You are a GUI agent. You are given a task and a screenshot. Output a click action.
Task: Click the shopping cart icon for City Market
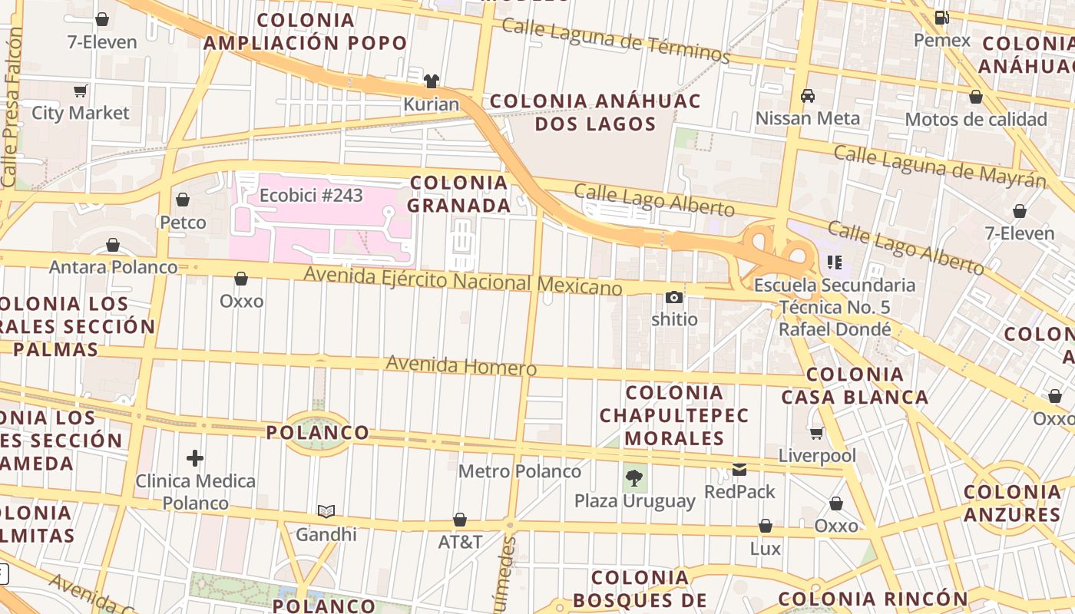coord(81,91)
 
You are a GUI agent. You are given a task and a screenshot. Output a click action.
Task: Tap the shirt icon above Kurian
coord(432,81)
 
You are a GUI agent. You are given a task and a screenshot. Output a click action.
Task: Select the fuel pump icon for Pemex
coord(942,18)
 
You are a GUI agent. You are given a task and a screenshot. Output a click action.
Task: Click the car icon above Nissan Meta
coord(808,96)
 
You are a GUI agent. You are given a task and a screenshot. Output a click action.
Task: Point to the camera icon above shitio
coord(674,297)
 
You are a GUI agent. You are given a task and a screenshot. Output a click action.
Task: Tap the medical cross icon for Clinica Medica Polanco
coord(195,458)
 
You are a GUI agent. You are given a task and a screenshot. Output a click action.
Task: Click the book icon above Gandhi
coord(326,511)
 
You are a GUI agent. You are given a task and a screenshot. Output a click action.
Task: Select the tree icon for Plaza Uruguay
coord(634,478)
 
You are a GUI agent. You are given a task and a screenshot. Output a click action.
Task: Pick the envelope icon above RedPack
coord(739,469)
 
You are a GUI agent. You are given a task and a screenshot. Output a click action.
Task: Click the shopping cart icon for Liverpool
coord(817,433)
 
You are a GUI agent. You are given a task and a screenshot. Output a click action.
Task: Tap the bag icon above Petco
coord(183,200)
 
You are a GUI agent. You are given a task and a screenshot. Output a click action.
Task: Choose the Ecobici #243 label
coord(311,195)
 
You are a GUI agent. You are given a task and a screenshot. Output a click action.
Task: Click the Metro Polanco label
coord(520,470)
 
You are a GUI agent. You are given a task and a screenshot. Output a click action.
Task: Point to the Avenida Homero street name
coord(461,365)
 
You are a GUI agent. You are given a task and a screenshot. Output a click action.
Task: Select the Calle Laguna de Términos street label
coord(615,40)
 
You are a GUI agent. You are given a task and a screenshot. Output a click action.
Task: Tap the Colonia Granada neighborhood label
coord(459,193)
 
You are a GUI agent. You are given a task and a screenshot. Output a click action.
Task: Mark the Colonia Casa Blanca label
coord(855,385)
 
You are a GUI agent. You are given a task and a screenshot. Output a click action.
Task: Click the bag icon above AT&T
coord(460,520)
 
